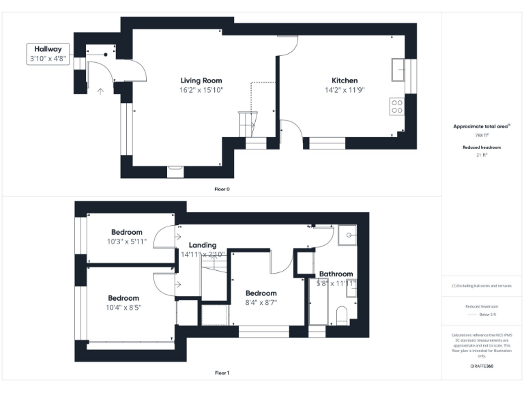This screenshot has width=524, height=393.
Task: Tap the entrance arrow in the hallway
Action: (100, 90)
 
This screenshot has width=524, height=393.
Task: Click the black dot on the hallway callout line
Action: (106, 54)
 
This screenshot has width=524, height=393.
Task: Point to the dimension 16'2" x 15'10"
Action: (201, 90)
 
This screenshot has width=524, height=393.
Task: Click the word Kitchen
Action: (345, 81)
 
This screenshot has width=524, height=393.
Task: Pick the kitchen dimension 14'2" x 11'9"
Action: (345, 90)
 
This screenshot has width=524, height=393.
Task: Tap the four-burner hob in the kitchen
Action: (396, 106)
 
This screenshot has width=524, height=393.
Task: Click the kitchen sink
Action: (398, 70)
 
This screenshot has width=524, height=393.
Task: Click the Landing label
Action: (203, 245)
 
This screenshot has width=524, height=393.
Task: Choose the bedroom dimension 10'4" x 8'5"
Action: (123, 308)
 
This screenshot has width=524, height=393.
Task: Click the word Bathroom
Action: (336, 274)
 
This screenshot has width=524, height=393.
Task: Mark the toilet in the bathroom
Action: (343, 315)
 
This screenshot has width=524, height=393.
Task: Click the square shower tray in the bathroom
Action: (349, 235)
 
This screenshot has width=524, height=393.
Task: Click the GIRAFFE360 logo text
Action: (482, 366)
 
